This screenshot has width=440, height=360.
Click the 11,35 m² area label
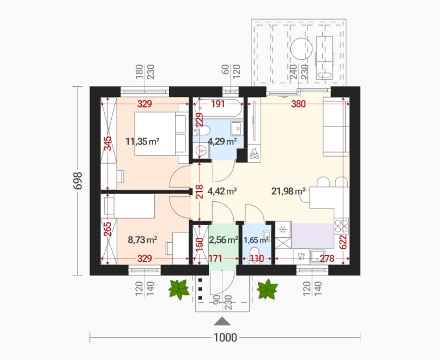(142, 141)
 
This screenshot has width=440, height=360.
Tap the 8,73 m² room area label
(142, 240)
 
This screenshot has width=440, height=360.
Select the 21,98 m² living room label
(288, 191)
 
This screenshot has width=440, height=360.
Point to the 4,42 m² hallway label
(222, 191)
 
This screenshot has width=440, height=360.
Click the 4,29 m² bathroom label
(222, 141)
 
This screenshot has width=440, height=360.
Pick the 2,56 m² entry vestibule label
(224, 240)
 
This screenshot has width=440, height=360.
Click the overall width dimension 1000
(225, 338)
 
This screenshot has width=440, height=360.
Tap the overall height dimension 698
(77, 181)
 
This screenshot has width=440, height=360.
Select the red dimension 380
(298, 104)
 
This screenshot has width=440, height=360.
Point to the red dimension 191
(218, 104)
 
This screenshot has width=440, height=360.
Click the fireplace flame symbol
(254, 154)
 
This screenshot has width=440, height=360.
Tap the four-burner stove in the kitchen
(341, 226)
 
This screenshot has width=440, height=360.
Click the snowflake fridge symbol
(283, 230)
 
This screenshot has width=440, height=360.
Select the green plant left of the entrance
(179, 289)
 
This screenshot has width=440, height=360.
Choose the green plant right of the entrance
(267, 289)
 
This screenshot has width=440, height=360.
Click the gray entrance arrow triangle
(222, 321)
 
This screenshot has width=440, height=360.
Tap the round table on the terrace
(302, 49)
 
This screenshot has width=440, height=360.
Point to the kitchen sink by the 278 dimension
(317, 257)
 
